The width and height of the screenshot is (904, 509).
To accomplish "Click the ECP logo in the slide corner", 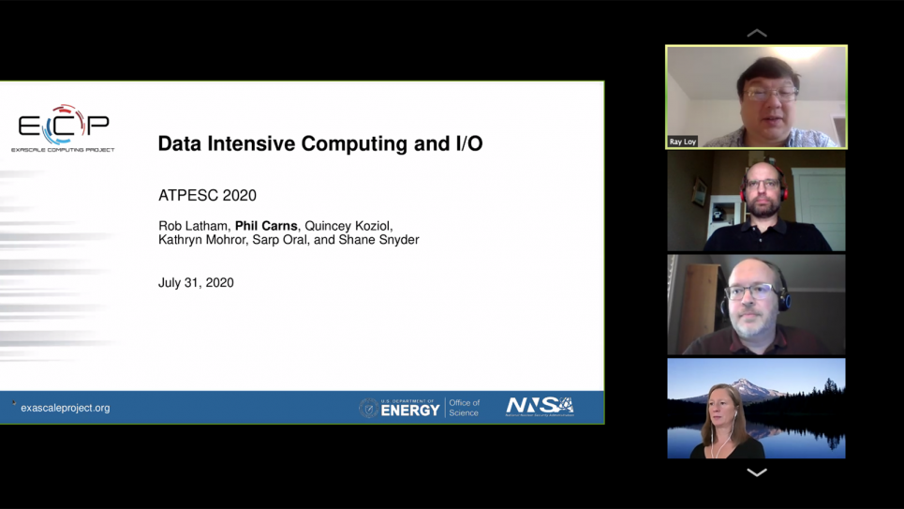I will (x=63, y=127).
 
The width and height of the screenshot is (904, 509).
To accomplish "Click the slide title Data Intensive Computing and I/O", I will (x=319, y=143).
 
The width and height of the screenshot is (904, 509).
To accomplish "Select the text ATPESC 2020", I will (x=207, y=195).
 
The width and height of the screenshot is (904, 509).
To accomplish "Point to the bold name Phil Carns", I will (x=266, y=226).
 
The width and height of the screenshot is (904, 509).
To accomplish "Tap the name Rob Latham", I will (x=192, y=226).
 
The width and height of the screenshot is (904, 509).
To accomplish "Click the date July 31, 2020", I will (x=196, y=282).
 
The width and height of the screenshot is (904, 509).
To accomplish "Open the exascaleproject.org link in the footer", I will (x=65, y=408).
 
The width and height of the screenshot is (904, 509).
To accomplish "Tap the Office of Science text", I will (x=464, y=408).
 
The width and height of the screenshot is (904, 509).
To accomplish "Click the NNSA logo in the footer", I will (x=540, y=406).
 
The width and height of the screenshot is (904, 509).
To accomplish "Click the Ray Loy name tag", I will (x=683, y=142).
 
